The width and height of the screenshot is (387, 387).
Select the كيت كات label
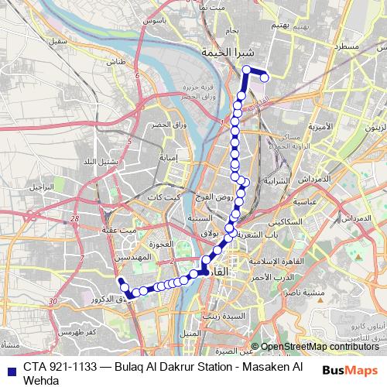[169, 199]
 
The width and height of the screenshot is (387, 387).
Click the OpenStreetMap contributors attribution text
[317, 346]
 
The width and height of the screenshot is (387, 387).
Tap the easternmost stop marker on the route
[265, 76]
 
